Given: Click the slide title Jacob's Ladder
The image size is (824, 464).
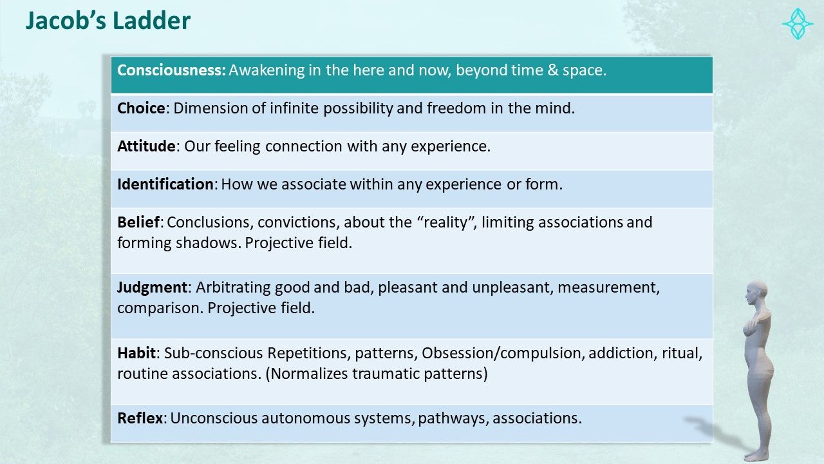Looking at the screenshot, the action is pyautogui.click(x=108, y=21).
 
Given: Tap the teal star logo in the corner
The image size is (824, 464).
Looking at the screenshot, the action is pyautogui.click(x=798, y=24).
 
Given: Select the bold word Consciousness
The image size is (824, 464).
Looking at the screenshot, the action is pyautogui.click(x=171, y=70).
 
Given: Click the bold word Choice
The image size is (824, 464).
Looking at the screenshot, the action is pyautogui.click(x=141, y=108).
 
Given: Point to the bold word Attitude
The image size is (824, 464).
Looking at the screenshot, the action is pyautogui.click(x=146, y=146).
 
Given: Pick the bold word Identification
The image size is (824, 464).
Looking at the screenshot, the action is pyautogui.click(x=165, y=184).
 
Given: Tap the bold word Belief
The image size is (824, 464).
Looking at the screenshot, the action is pyautogui.click(x=138, y=222).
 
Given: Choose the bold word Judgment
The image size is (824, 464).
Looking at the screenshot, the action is pyautogui.click(x=153, y=287).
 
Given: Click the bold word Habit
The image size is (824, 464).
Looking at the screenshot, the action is pyautogui.click(x=136, y=353).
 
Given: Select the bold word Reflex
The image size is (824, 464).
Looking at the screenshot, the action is pyautogui.click(x=140, y=418).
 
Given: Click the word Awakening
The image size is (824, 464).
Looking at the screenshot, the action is pyautogui.click(x=267, y=70).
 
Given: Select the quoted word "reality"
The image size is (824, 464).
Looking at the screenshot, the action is pyautogui.click(x=446, y=222).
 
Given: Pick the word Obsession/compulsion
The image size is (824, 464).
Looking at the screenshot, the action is pyautogui.click(x=503, y=353).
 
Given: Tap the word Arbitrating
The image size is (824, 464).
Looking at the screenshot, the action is pyautogui.click(x=233, y=287).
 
